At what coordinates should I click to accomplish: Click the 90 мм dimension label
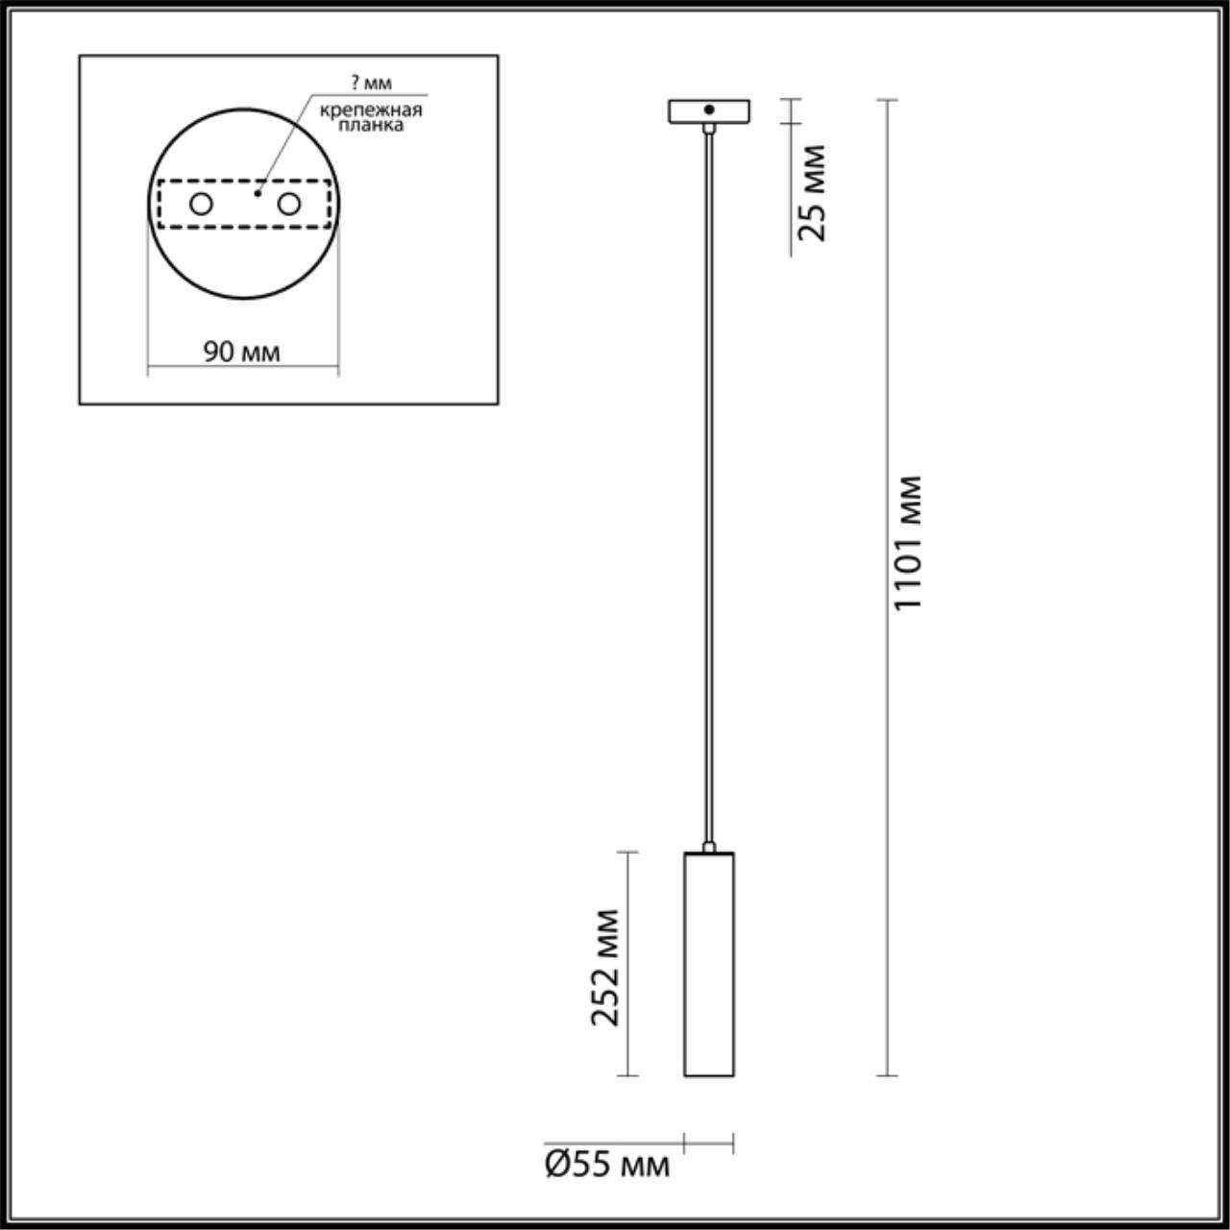[241, 352]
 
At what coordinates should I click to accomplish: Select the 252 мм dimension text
[605, 967]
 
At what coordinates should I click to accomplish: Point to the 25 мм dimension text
[813, 192]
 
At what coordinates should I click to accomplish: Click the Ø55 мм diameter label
[606, 1165]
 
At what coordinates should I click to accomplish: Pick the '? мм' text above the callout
[371, 84]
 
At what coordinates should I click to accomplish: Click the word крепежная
[370, 110]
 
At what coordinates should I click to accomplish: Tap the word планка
[371, 125]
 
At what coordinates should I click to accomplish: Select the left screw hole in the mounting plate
[201, 204]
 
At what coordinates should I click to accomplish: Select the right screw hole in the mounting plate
[288, 204]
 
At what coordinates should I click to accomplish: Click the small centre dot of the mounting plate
[258, 193]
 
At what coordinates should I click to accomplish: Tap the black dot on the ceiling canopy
[708, 110]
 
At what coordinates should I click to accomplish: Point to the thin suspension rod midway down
[709, 480]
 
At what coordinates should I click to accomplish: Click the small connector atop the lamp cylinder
[709, 847]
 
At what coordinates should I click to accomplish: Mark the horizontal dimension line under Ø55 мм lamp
[709, 1144]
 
